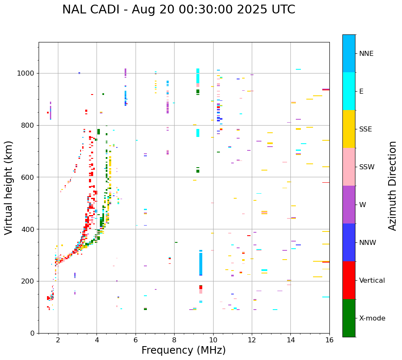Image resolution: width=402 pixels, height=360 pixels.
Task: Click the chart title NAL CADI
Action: point(94,10)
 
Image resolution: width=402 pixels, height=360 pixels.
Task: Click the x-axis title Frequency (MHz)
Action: point(183,350)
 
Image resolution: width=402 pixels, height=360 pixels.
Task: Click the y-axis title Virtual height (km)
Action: point(9,188)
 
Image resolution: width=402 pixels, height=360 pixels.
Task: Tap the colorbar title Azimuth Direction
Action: point(392,186)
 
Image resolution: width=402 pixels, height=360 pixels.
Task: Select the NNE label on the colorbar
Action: point(366,54)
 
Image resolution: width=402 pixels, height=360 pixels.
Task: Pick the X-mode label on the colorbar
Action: point(372,318)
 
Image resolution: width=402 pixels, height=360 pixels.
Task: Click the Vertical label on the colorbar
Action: point(372,281)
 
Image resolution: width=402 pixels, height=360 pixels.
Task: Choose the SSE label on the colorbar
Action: point(365,129)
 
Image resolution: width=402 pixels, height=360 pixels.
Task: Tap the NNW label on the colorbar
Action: point(368,243)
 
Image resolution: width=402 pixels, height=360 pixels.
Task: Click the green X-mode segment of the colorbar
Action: point(349,318)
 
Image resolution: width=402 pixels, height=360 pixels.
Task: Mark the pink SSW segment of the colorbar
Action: point(349,167)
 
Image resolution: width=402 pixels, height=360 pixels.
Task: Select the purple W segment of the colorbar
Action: point(349,205)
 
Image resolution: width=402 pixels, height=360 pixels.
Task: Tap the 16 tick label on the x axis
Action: point(329,340)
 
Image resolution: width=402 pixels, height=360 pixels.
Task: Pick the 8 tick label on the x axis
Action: point(174,340)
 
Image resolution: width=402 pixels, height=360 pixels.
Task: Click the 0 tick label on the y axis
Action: point(32,333)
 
